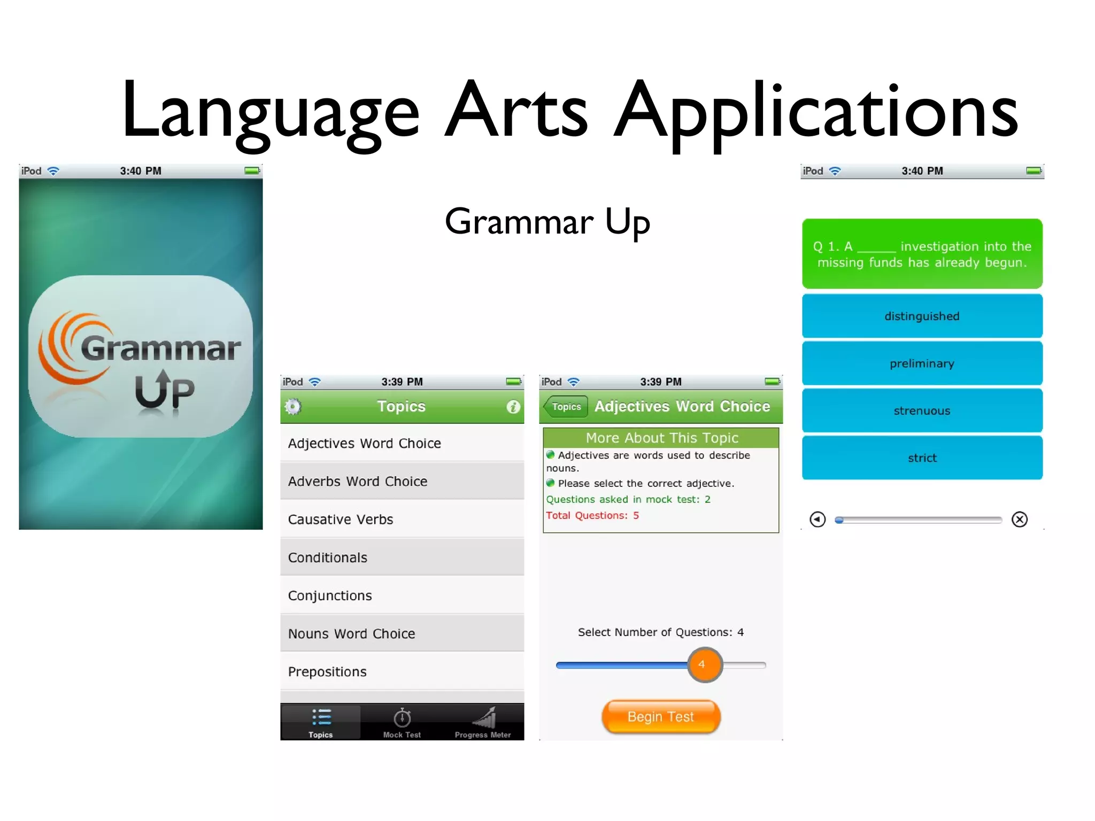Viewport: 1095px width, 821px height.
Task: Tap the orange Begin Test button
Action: [661, 717]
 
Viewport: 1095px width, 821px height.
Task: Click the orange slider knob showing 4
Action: [705, 665]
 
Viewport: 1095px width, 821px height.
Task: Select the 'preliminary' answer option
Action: [922, 363]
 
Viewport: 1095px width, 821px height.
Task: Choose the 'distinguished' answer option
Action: [922, 316]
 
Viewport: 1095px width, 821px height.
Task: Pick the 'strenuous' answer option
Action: [922, 410]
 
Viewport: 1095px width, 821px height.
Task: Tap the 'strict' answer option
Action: [922, 458]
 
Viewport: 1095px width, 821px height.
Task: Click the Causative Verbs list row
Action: [402, 519]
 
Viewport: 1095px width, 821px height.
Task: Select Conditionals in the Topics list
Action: [402, 557]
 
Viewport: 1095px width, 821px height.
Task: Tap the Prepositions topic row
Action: [402, 671]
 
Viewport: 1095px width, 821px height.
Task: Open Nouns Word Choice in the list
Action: [402, 633]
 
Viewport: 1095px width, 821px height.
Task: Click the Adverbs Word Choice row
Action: [402, 481]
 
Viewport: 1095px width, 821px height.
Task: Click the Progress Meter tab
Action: [483, 722]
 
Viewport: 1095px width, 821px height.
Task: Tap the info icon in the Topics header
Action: [513, 407]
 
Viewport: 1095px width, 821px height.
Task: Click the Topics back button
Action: [566, 407]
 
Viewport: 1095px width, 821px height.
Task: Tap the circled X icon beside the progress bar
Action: [1019, 520]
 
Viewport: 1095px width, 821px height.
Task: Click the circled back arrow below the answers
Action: [818, 520]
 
